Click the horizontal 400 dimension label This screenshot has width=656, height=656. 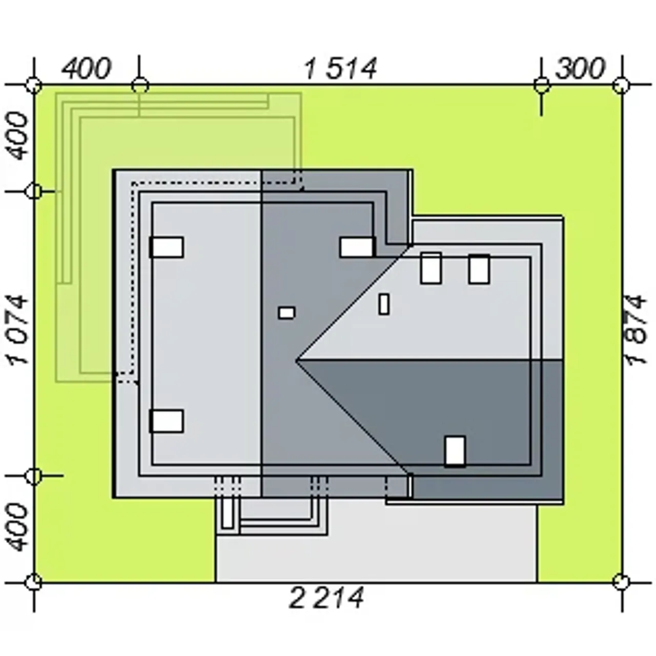[87, 69]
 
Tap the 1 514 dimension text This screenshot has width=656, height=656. [341, 69]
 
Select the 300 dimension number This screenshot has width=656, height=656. [580, 69]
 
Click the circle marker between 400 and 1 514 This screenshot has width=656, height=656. [139, 85]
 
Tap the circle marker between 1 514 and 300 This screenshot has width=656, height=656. [541, 85]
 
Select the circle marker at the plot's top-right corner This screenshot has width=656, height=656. [621, 85]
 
